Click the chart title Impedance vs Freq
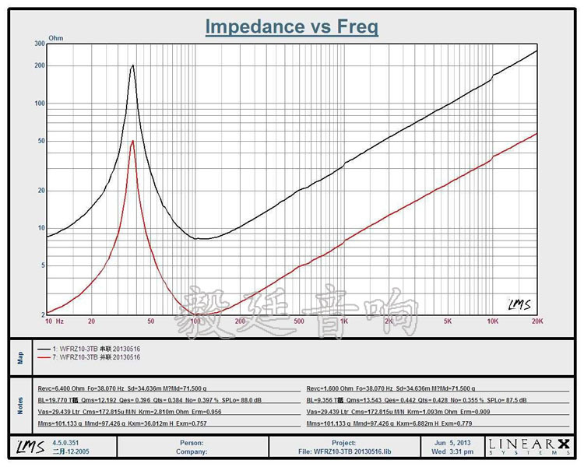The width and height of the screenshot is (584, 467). tap(292, 27)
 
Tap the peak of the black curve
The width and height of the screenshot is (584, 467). tap(133, 65)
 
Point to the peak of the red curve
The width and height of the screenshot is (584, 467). tap(133, 141)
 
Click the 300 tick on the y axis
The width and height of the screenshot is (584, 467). tap(40, 44)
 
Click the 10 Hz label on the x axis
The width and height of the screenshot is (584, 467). tap(54, 321)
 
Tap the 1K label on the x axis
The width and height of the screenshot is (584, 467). tap(343, 321)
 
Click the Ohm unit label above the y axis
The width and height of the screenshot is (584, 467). tap(56, 37)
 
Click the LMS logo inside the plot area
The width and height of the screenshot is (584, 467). tap(519, 304)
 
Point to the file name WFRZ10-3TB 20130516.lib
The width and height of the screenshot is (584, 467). tap(343, 451)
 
